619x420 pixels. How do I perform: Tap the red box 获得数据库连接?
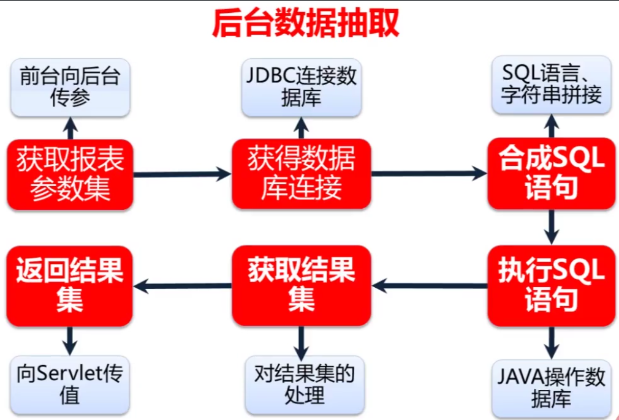point(301,174)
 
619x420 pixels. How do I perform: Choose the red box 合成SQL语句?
point(551,173)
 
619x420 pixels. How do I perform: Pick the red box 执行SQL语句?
point(551,285)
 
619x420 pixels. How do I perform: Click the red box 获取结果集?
point(301,285)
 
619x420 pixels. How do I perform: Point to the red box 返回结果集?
point(70,285)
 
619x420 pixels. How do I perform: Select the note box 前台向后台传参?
point(70,88)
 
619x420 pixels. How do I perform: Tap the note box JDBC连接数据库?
point(301,88)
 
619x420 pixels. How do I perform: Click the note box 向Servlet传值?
point(70,384)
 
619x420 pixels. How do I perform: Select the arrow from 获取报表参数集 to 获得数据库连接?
point(182,174)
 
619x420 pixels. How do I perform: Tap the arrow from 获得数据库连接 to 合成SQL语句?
point(429,174)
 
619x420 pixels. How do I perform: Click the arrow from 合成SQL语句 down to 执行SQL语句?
point(552,227)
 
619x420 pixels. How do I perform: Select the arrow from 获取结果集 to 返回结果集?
point(182,285)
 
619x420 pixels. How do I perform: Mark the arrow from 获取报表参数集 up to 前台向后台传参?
point(70,128)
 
